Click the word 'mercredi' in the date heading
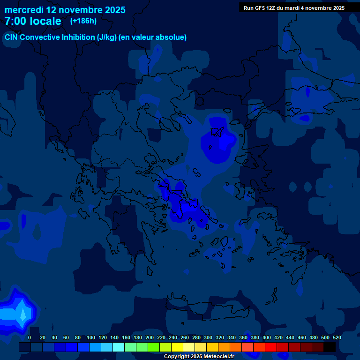[24, 10]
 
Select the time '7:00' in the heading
[15, 21]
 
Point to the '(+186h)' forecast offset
[83, 21]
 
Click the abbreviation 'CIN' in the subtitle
[12, 37]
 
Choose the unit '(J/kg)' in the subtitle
[106, 37]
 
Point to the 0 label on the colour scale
[30, 337]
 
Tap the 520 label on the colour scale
[337, 337]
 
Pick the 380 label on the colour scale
[255, 337]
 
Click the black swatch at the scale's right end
[330, 347]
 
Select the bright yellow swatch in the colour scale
[177, 347]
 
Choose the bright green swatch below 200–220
[154, 347]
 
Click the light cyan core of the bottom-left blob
[22, 314]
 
